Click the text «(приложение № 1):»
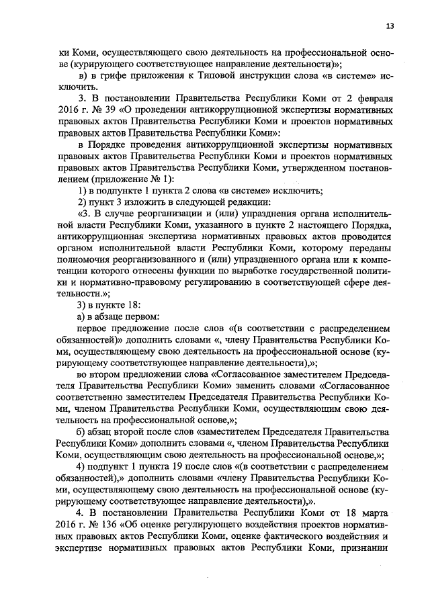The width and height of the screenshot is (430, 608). click(128, 177)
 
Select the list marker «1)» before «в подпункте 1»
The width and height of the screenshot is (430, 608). click(83, 189)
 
